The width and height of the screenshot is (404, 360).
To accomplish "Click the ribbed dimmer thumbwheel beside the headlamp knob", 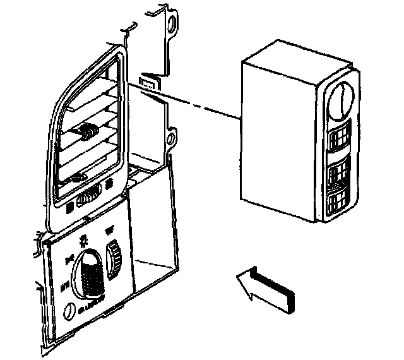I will click(x=115, y=259).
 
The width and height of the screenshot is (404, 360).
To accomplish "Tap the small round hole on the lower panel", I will click(x=70, y=310).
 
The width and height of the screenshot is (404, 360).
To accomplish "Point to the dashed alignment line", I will click(x=196, y=100).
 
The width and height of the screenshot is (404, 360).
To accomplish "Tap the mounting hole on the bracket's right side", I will click(x=172, y=137).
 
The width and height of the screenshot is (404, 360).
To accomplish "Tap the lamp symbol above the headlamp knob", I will click(x=83, y=239).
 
